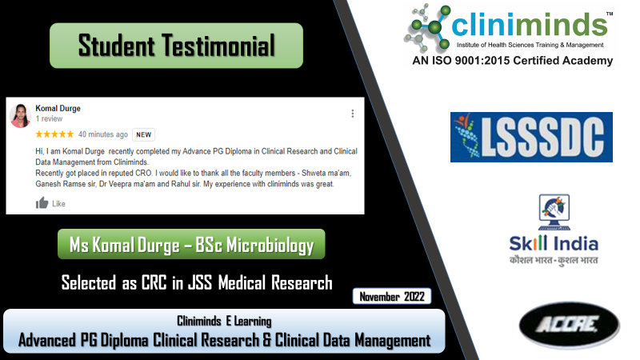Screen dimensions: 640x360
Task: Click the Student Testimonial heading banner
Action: coord(176,46)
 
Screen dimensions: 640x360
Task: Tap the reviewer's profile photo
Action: coord(21,115)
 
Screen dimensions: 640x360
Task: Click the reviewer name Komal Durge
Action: coord(58,108)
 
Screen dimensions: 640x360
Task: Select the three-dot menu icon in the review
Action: coord(353,114)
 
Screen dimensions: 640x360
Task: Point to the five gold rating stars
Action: coord(54,134)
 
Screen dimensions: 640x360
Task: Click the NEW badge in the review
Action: coord(144,134)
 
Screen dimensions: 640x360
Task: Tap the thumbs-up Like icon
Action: coord(42,203)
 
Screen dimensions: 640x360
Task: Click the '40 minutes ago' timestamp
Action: coord(103,134)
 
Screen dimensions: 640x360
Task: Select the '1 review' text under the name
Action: coord(49,118)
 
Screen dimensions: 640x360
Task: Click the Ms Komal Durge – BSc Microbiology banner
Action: coord(191,244)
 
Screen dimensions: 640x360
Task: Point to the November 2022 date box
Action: coord(392,296)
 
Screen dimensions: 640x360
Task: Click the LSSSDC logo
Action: coord(531,137)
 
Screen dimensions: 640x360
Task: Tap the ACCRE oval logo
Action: coord(570,326)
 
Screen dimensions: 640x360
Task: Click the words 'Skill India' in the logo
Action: coord(554,244)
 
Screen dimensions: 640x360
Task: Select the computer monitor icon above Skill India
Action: coord(554,212)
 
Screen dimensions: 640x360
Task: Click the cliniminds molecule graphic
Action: coord(427,26)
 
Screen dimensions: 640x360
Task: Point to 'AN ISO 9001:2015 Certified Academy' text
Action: coord(513,61)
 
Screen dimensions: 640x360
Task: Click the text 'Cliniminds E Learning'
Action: coord(224,322)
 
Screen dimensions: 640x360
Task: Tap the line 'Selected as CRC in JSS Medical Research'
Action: coord(197,282)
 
